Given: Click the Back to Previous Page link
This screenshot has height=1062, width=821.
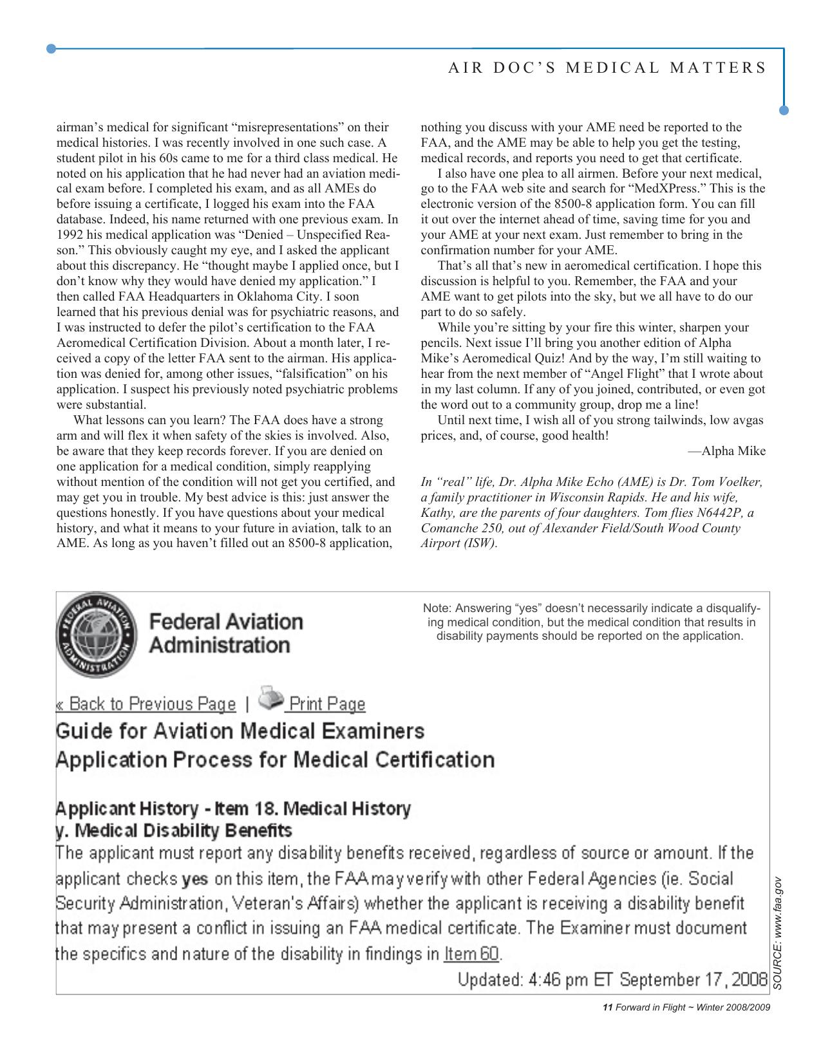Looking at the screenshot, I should click(x=146, y=703).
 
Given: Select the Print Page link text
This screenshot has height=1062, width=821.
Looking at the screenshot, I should click(x=326, y=704).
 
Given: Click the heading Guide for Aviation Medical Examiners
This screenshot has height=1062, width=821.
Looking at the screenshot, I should click(x=240, y=731).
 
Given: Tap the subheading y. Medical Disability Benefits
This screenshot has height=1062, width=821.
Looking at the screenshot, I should click(x=174, y=830).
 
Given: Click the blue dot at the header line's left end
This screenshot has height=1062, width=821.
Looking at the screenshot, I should click(x=52, y=48).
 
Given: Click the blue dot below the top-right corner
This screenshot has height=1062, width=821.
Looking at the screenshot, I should click(x=784, y=110).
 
